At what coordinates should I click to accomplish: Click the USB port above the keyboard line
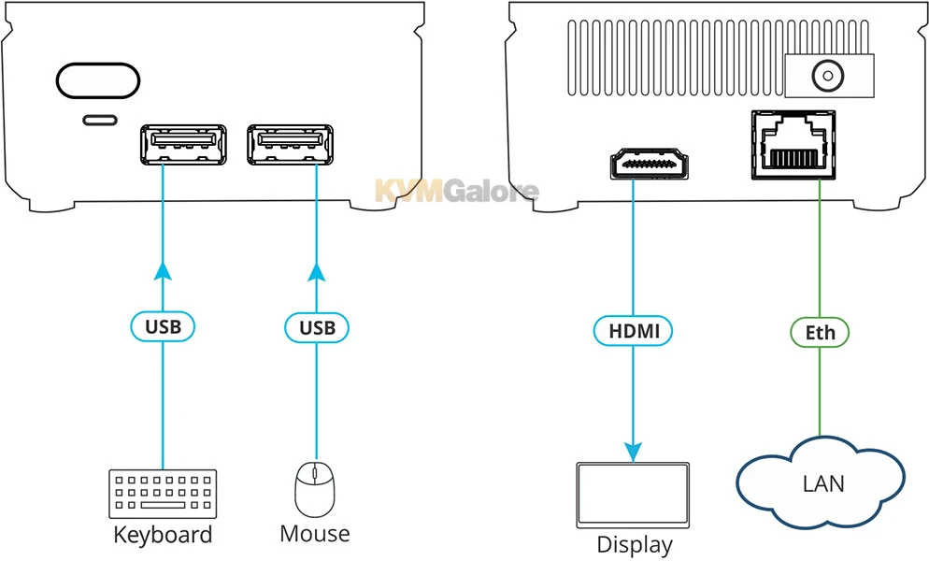pos(183,145)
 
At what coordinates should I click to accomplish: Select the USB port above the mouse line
pos(290,145)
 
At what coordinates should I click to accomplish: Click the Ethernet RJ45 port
pos(793,145)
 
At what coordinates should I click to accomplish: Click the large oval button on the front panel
pos(98,81)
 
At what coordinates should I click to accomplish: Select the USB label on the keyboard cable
pos(163,327)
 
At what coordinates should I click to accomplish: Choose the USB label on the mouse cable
pos(316,327)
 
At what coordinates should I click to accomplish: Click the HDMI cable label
pos(633,330)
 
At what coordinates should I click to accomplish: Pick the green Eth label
pos(820,332)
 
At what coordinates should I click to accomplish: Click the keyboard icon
pos(163,494)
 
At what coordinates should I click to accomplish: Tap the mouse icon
pos(315,487)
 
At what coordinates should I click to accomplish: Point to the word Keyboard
pos(163,535)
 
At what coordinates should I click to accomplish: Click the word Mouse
pos(315,534)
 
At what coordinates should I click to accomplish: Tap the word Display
pos(635,545)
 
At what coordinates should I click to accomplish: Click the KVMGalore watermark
pos(456,192)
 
